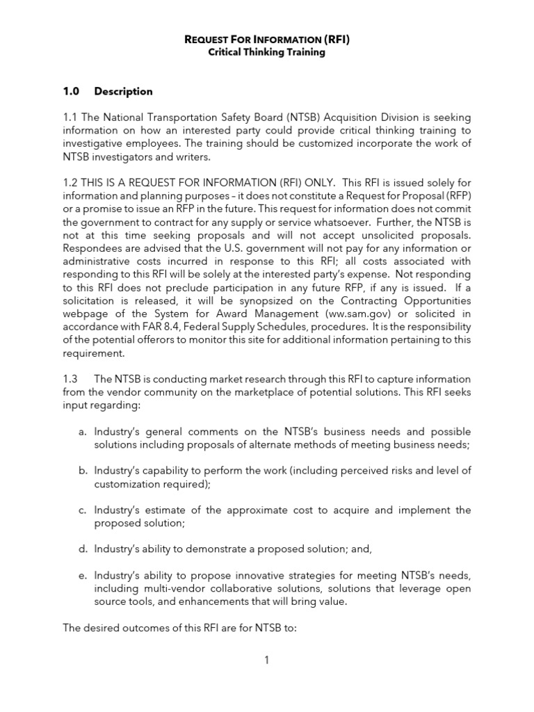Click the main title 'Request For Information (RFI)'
pos(267,40)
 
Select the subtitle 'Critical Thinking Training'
pos(267,53)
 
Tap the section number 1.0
pos(72,91)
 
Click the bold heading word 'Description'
pos(124,91)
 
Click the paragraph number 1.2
pos(72,182)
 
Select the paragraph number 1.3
pos(72,379)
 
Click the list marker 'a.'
pos(82,431)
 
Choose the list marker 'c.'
pos(82,510)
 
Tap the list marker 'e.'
pos(82,576)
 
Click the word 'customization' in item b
pos(128,484)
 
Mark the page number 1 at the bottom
pos(266,660)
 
